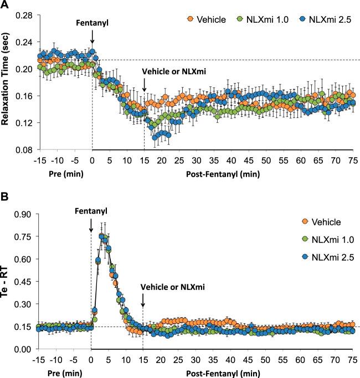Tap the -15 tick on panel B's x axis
point(39,359)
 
